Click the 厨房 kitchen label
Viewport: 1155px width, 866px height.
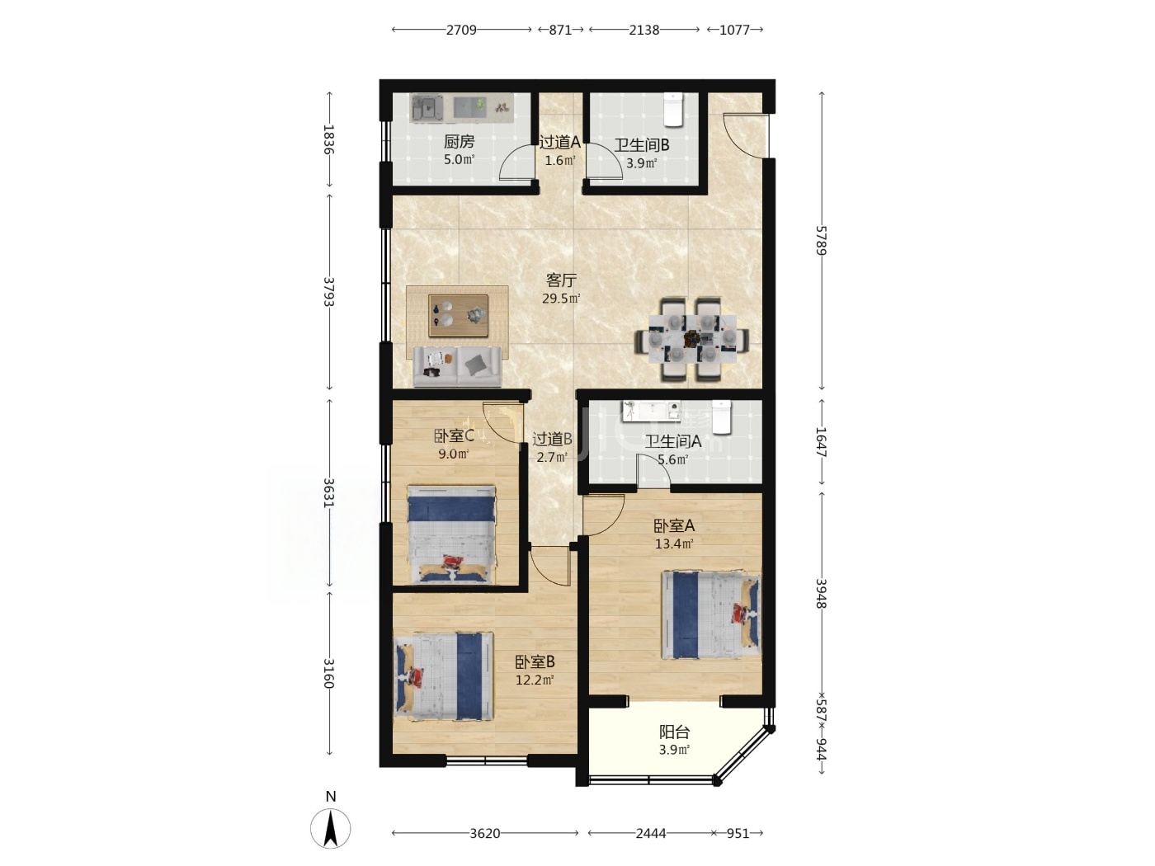pos(459,141)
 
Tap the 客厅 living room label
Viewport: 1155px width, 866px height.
pos(561,280)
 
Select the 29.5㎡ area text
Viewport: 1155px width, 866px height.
pos(561,299)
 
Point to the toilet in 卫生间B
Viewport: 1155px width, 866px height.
pos(673,110)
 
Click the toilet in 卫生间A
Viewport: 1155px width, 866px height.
pos(721,417)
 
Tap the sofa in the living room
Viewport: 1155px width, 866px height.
pos(457,366)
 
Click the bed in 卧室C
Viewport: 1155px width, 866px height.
pos(452,534)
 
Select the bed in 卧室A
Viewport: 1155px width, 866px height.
pos(711,614)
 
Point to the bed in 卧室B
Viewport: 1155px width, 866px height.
pos(444,676)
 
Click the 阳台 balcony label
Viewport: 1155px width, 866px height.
pos(674,732)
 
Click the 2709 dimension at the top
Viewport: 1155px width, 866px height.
pos(461,30)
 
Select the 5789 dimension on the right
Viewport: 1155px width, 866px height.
pos(822,240)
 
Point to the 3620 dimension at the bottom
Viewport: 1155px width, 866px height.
pos(484,833)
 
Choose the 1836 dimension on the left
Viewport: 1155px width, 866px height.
pos(329,139)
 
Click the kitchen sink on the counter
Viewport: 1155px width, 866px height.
pos(427,109)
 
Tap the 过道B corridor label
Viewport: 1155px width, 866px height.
pos(552,438)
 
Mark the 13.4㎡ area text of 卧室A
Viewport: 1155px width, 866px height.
pos(674,544)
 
